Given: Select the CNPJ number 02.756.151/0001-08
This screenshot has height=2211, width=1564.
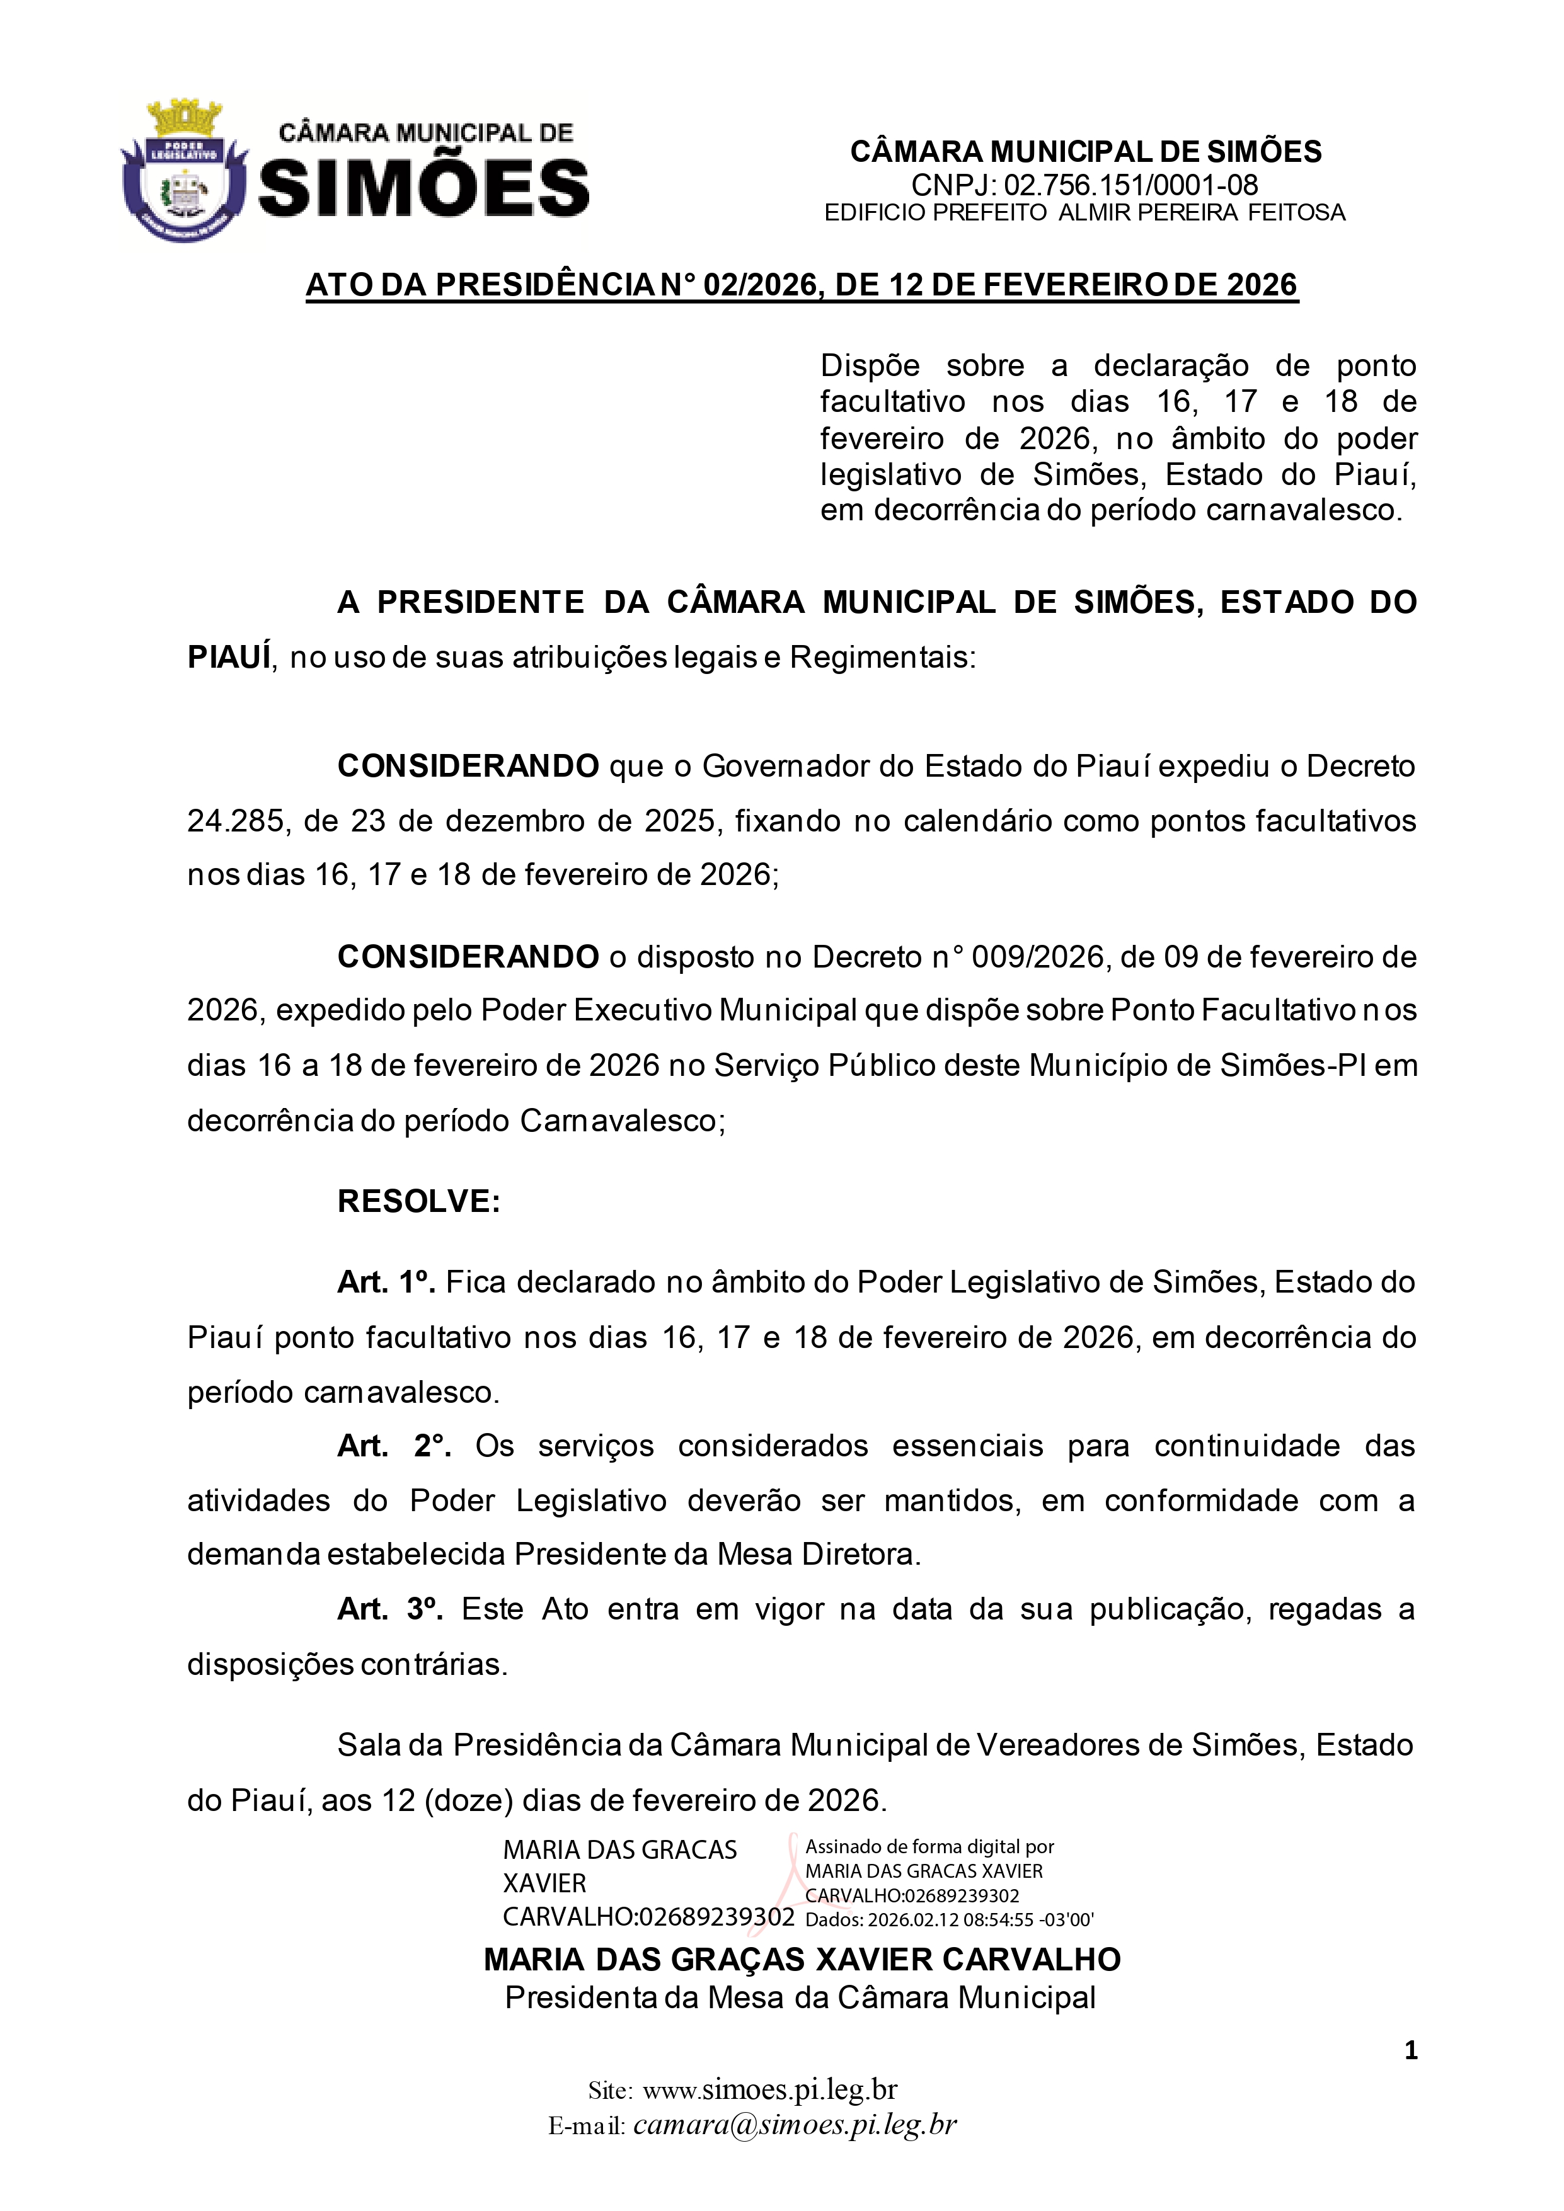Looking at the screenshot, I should (x=1130, y=185).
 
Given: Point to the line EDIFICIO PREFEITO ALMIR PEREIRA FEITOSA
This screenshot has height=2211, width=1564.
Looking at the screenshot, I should (x=1084, y=213).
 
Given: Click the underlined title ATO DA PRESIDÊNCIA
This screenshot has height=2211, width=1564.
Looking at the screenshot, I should (x=802, y=285).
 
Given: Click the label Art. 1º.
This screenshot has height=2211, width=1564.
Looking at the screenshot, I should (x=386, y=1282).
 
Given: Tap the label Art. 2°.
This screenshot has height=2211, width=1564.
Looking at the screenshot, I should (x=394, y=1446).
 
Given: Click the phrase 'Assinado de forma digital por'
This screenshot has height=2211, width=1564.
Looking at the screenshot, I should (x=929, y=1847).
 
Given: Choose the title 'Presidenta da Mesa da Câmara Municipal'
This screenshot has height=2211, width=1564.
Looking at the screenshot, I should (x=800, y=1998).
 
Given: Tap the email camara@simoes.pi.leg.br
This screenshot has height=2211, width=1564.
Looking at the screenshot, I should (x=795, y=2125).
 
